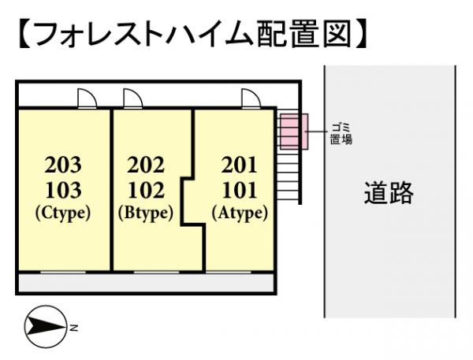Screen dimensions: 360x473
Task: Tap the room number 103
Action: tap(63, 190)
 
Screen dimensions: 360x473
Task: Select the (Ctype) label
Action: tap(63, 212)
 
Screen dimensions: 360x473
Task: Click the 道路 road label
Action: tap(389, 192)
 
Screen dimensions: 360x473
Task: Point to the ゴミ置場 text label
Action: tap(341, 133)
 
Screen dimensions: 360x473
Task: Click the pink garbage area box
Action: tap(292, 131)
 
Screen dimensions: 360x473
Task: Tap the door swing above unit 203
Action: tap(87, 98)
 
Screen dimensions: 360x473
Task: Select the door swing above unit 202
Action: tap(132, 98)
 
